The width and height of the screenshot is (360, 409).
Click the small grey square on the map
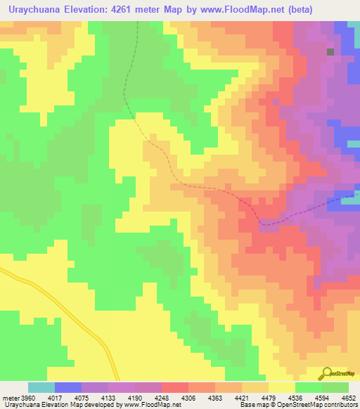(x=330, y=51)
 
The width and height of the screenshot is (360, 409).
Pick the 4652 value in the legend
(x=347, y=397)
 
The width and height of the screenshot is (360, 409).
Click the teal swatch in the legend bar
(x=41, y=387)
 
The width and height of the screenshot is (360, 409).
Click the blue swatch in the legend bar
(x=67, y=387)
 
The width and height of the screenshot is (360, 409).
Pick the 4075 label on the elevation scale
(x=67, y=397)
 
